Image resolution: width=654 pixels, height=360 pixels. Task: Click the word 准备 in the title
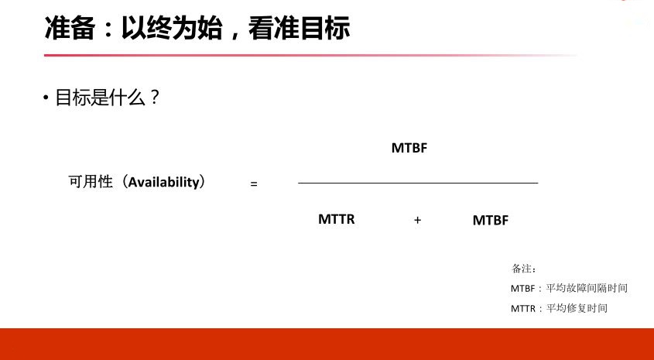point(70,29)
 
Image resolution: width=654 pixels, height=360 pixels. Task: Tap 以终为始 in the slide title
point(171,29)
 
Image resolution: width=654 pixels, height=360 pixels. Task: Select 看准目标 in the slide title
point(299,29)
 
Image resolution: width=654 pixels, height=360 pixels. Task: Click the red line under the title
point(310,55)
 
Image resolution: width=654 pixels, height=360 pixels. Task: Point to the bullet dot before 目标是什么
point(46,98)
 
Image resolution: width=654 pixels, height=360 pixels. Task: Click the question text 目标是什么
point(100,98)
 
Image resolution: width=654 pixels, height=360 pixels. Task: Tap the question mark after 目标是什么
point(154,98)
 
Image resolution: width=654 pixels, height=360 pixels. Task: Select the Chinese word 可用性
point(91,182)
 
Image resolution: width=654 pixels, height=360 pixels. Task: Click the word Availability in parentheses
point(164,182)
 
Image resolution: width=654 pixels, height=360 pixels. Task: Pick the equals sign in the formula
point(254,183)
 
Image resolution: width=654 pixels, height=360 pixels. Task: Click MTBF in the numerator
point(409,148)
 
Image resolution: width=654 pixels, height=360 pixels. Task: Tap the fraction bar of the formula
point(418,183)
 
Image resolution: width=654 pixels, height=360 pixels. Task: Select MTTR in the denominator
point(336,219)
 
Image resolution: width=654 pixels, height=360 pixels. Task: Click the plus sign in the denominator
point(417,220)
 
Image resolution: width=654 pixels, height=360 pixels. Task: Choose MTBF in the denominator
point(491,220)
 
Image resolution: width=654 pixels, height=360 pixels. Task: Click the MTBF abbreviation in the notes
point(522,288)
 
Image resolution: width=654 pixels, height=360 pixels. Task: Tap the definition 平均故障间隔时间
point(587,288)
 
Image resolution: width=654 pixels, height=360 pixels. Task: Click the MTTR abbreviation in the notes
point(523,309)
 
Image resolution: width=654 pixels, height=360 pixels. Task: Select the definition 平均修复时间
point(577,308)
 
